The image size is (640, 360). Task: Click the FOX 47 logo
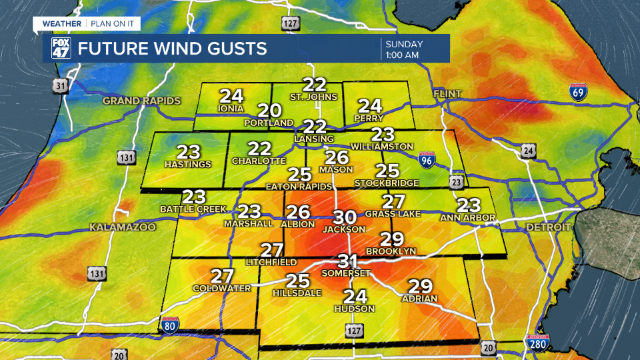61,49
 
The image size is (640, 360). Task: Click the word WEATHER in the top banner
62,24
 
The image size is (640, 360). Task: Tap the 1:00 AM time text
402,55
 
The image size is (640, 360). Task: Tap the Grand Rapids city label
141,101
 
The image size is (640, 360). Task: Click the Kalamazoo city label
123,227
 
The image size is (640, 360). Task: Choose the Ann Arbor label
468,218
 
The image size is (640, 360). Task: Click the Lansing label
314,139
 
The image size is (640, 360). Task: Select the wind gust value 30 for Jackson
345,217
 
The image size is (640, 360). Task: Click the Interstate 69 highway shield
578,91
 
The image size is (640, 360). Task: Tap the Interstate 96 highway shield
427,160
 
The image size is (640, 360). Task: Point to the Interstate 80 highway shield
170,325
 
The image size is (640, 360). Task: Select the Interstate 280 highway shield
537,343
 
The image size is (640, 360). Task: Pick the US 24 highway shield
529,151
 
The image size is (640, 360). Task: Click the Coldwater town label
221,288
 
